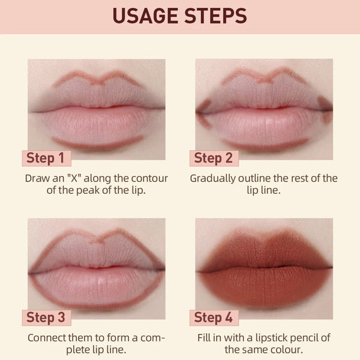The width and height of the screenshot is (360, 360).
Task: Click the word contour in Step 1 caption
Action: point(151,178)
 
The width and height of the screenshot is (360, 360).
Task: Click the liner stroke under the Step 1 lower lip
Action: point(96,143)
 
